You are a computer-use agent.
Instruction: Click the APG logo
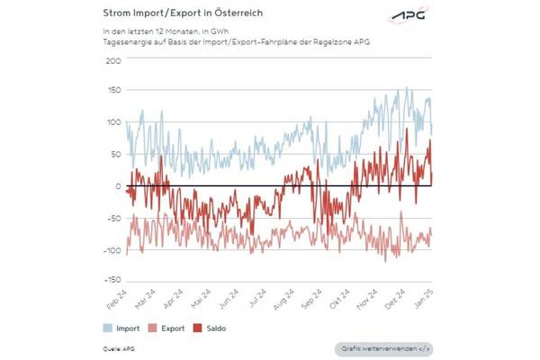coord(409,15)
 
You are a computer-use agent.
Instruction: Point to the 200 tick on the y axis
coord(112,60)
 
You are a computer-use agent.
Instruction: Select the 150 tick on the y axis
coord(112,92)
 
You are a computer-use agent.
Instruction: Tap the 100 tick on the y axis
coord(112,122)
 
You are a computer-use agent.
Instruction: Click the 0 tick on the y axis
coord(117,186)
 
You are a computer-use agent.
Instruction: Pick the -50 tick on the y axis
coord(112,218)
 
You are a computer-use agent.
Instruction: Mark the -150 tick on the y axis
coord(110,281)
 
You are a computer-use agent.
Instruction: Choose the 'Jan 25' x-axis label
coord(422,301)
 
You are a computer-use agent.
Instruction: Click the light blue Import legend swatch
coord(111,328)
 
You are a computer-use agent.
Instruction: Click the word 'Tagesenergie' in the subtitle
coord(124,42)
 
